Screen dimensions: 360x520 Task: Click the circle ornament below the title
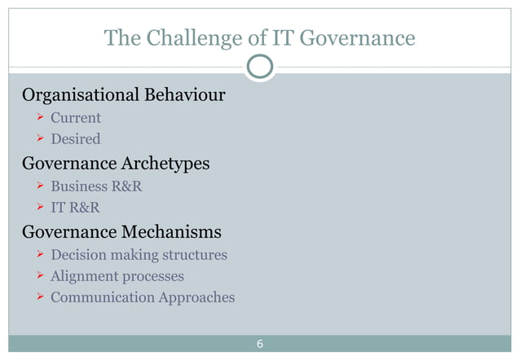tap(259, 68)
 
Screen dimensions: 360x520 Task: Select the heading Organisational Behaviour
tap(123, 96)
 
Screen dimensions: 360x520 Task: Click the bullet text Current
tap(76, 118)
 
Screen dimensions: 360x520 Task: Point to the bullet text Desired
tap(76, 139)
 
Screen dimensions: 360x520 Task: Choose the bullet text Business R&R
tap(96, 187)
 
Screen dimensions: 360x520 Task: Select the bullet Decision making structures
tap(139, 255)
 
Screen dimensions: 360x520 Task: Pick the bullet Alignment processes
tap(117, 276)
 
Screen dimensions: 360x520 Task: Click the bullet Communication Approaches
tap(143, 297)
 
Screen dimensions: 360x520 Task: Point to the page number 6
tap(259, 344)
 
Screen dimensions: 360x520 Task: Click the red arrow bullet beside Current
tap(37, 119)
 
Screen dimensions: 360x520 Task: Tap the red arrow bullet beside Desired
tap(37, 140)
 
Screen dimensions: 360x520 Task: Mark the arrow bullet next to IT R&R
tap(37, 209)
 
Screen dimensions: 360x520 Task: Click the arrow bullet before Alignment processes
tap(37, 277)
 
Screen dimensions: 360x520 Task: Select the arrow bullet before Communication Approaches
tap(37, 298)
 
